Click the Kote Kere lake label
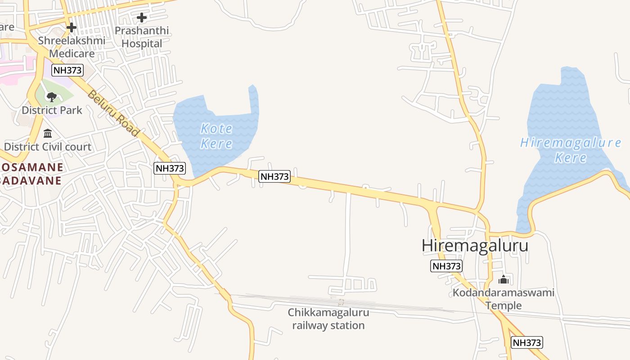pyautogui.click(x=216, y=136)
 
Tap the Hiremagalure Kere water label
pyautogui.click(x=571, y=150)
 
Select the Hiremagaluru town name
pyautogui.click(x=475, y=246)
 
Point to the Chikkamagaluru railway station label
pyautogui.click(x=328, y=319)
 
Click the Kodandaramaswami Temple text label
pyautogui.click(x=504, y=299)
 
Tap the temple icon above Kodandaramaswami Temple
pyautogui.click(x=504, y=280)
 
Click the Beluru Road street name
pyautogui.click(x=113, y=113)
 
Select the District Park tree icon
pyautogui.click(x=52, y=96)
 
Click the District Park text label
pyautogui.click(x=52, y=110)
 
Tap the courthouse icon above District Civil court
pyautogui.click(x=48, y=133)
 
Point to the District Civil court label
pyautogui.click(x=48, y=147)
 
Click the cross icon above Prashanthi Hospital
pyautogui.click(x=142, y=18)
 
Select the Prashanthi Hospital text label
pyautogui.click(x=142, y=37)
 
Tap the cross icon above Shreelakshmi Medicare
pyautogui.click(x=71, y=27)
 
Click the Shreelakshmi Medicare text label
pyautogui.click(x=72, y=47)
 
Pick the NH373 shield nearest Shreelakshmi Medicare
pyautogui.click(x=67, y=70)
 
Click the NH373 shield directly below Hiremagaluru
pyautogui.click(x=446, y=266)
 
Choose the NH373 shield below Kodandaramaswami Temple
pyautogui.click(x=527, y=342)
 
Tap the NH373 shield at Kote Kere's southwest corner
pyautogui.click(x=170, y=168)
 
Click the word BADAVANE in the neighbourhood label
pyautogui.click(x=31, y=180)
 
